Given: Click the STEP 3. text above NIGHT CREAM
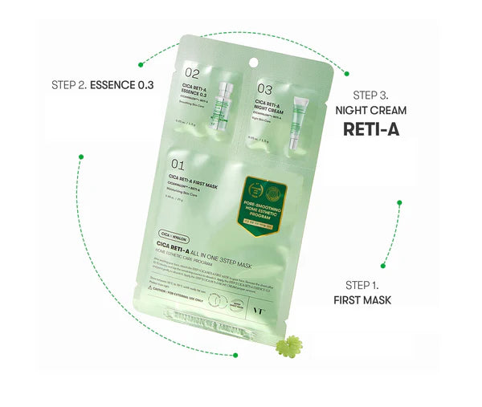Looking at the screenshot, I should click(x=378, y=94).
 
